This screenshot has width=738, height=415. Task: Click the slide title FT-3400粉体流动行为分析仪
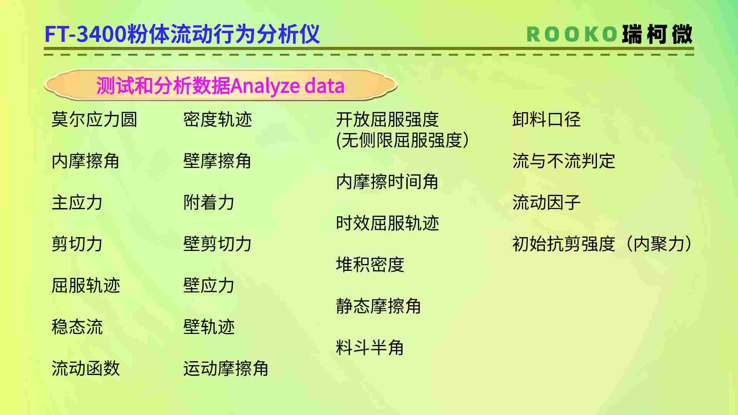point(182,34)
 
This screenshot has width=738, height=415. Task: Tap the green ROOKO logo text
point(572,34)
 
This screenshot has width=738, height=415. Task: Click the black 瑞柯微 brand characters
point(657,34)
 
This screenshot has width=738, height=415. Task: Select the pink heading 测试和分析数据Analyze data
point(220,85)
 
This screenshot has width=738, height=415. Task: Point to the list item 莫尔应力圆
point(94,119)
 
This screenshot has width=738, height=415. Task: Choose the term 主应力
point(77,202)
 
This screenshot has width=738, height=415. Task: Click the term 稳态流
point(77,327)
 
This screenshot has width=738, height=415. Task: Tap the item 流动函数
point(86,368)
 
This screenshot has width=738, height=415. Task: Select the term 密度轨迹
point(218,119)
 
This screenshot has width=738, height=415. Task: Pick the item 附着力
point(209,202)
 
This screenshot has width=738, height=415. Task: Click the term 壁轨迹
point(209,327)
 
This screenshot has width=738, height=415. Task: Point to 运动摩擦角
point(226,368)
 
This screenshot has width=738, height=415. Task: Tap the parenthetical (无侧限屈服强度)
point(402,140)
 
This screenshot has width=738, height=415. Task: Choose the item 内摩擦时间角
point(387,181)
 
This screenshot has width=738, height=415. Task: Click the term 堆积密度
point(370,264)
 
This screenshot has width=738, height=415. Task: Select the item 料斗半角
point(370,347)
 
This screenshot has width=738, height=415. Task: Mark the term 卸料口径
point(546,119)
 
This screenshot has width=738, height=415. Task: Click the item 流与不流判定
point(563,161)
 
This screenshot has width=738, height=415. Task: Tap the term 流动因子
point(546,202)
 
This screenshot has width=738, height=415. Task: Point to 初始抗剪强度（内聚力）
point(602,244)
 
